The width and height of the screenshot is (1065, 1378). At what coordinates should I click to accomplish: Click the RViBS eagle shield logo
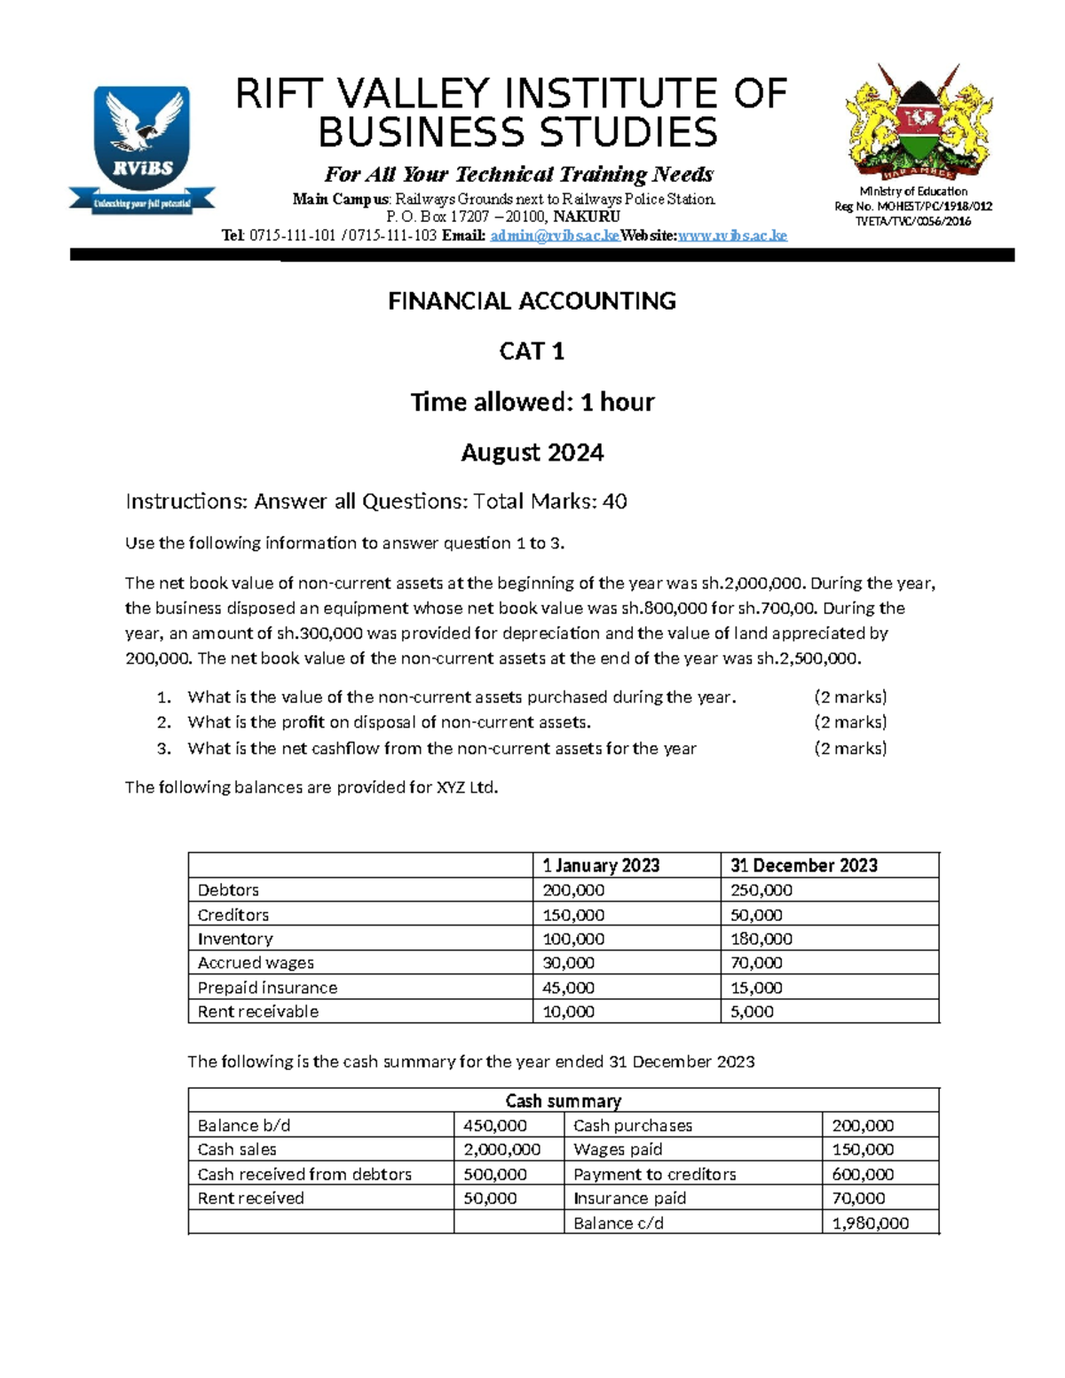click(142, 146)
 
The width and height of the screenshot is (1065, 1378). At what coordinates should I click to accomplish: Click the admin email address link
click(554, 235)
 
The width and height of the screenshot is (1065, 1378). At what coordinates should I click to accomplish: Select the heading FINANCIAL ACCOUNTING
click(532, 302)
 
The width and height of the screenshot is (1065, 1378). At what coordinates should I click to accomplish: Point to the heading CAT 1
click(532, 352)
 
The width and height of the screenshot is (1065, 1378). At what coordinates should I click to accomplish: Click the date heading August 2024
click(532, 453)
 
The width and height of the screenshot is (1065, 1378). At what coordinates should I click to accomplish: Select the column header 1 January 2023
click(601, 865)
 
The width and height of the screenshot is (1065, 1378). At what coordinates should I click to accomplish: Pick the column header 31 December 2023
click(803, 865)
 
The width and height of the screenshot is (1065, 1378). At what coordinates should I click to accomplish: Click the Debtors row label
click(228, 890)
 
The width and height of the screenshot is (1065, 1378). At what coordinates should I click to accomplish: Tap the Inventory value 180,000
click(761, 939)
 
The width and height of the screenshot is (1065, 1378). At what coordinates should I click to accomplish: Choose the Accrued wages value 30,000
click(569, 963)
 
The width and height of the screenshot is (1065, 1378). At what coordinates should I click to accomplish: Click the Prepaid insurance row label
click(267, 988)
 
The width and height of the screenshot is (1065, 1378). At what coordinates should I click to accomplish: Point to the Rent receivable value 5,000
click(752, 1012)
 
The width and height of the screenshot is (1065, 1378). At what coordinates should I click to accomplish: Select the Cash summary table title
click(563, 1101)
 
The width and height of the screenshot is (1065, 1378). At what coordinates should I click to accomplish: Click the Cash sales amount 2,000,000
click(501, 1150)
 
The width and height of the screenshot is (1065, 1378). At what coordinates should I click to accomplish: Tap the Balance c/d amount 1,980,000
click(870, 1223)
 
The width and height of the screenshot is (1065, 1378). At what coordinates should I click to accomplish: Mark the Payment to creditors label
click(654, 1174)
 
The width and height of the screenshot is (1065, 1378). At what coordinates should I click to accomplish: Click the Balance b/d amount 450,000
click(494, 1125)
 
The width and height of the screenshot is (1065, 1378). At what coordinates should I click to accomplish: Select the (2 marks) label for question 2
click(850, 722)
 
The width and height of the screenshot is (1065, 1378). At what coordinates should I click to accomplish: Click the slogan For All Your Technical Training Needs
click(518, 174)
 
